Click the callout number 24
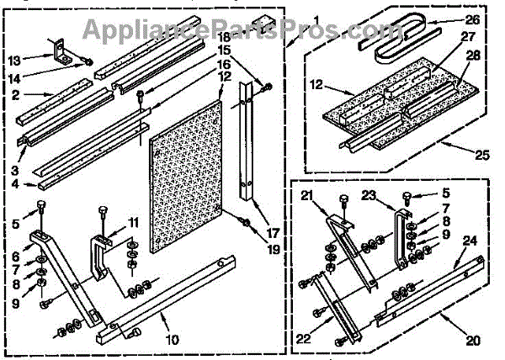[469, 241]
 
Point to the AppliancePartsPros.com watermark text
[253, 31]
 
